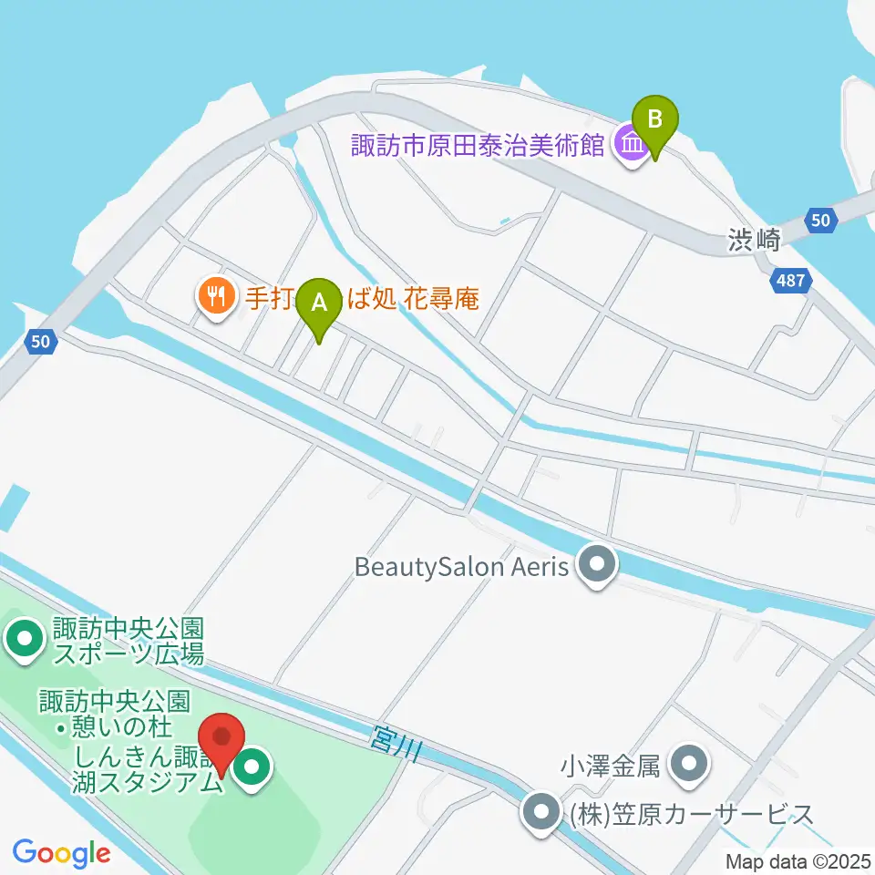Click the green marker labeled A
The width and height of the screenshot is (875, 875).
(x=319, y=304)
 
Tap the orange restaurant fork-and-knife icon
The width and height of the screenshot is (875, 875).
(x=215, y=296)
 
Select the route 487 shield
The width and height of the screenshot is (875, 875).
(x=790, y=280)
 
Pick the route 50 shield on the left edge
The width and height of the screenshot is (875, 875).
(x=40, y=342)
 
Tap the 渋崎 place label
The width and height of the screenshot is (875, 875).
(x=755, y=241)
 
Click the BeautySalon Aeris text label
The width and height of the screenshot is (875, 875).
(x=461, y=567)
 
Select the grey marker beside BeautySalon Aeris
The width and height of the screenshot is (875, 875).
(x=598, y=566)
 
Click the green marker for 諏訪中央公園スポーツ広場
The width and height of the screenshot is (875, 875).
(x=24, y=640)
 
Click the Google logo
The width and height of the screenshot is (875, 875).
(x=61, y=853)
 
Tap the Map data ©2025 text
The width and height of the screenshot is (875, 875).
(x=798, y=860)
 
